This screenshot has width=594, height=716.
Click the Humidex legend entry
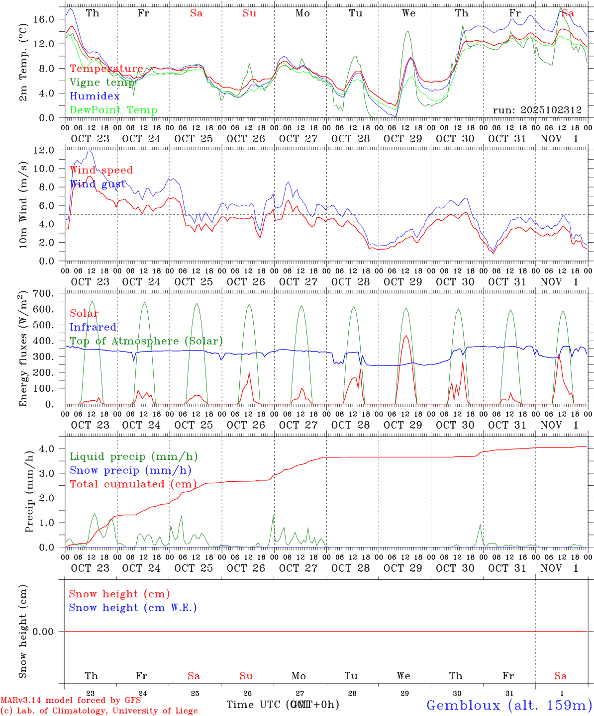click(x=95, y=96)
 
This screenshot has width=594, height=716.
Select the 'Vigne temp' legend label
click(x=102, y=83)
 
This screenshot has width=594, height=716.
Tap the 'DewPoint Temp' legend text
click(x=113, y=110)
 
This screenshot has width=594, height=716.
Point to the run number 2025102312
click(x=537, y=110)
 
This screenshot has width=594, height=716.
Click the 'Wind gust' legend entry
click(x=98, y=184)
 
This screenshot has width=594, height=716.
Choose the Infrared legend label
click(x=93, y=327)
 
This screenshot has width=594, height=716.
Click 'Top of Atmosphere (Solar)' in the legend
click(x=146, y=341)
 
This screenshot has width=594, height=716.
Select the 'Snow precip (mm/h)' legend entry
click(x=130, y=470)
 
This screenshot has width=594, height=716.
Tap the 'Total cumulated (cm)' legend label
click(x=133, y=484)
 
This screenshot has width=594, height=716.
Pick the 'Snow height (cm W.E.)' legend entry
click(x=132, y=608)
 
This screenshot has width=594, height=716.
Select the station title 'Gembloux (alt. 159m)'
click(x=509, y=705)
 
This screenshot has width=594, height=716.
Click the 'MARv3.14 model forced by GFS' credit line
click(x=71, y=700)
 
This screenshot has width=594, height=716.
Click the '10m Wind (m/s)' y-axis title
click(x=23, y=205)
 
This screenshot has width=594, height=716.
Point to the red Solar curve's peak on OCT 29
click(x=406, y=336)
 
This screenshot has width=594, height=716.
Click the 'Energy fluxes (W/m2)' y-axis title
click(x=23, y=350)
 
